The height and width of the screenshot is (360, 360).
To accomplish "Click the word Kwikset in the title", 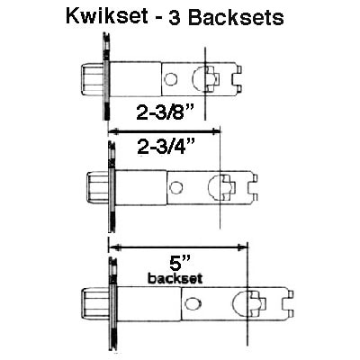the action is [107, 16].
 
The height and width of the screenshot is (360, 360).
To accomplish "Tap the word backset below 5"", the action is [175, 279].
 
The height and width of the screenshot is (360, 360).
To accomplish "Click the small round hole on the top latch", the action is [171, 79].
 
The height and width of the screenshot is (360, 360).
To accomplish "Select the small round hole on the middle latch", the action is [175, 187].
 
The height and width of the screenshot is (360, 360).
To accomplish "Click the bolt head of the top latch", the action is [93, 79].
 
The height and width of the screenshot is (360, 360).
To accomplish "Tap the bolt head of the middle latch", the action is [97, 187].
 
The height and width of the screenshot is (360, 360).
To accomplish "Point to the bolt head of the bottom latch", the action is [96, 304].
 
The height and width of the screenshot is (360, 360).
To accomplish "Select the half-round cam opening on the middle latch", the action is [214, 187].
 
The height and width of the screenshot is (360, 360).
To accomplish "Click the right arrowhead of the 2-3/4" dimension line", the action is [216, 131].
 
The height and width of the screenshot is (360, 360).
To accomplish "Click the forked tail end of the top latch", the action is [238, 79].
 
